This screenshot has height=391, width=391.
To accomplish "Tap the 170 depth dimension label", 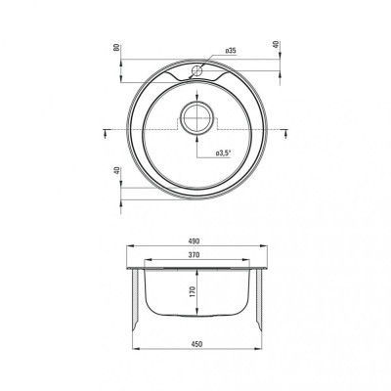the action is (x=192, y=291).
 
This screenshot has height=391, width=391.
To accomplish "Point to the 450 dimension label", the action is (x=196, y=344).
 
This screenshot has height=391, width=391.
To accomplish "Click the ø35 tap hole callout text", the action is (x=231, y=51).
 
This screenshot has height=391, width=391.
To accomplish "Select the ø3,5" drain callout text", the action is (x=223, y=152).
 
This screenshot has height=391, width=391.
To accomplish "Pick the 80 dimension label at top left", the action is (x=115, y=48).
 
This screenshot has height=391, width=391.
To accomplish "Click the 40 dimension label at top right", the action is (x=276, y=45).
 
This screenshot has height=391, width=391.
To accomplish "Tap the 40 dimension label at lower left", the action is (x=117, y=171).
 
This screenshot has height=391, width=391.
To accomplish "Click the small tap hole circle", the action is (x=196, y=70).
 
